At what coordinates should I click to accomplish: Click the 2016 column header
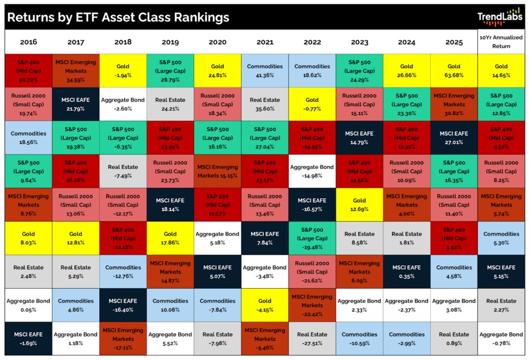point(28,42)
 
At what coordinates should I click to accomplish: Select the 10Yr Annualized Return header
point(501,42)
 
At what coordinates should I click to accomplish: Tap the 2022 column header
point(312,42)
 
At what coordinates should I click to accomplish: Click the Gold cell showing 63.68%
point(454,70)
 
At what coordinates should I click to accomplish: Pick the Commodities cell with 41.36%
point(265,70)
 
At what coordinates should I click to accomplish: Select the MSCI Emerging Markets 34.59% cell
point(76,70)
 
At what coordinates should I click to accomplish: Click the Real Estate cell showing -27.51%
point(312,338)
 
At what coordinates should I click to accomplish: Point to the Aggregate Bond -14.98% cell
point(312,171)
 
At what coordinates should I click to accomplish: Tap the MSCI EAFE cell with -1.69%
point(28,338)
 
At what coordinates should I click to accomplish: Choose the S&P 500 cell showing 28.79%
point(170,70)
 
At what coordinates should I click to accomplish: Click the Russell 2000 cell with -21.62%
point(312,271)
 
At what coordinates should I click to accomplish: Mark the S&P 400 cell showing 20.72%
point(28,70)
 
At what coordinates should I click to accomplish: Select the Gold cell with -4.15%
point(265,305)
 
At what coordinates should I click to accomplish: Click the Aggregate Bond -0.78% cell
point(501,338)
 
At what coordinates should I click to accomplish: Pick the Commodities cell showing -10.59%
point(359,338)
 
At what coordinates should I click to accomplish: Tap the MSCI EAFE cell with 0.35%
point(407,271)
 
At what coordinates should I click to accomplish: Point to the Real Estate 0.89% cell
point(454,338)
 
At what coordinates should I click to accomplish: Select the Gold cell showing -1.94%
point(123,70)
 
